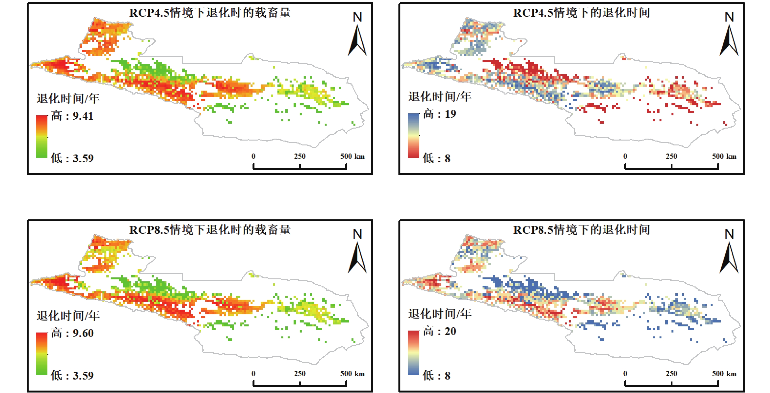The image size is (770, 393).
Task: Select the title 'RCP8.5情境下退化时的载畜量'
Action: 210,230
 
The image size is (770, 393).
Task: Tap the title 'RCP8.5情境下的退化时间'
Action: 581,230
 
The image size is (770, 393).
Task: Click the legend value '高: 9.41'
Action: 72,116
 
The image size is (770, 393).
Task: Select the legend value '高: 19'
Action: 440,114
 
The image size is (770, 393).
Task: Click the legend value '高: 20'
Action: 440,331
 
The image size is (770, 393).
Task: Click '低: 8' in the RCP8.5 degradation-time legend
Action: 436,375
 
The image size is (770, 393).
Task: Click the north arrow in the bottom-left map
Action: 357,257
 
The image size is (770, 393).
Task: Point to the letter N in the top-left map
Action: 357,17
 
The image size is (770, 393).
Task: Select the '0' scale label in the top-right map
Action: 625,156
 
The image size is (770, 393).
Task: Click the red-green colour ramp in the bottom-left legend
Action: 42,354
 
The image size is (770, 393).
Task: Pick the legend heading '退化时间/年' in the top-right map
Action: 440,97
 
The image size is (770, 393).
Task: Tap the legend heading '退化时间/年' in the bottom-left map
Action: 68,315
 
